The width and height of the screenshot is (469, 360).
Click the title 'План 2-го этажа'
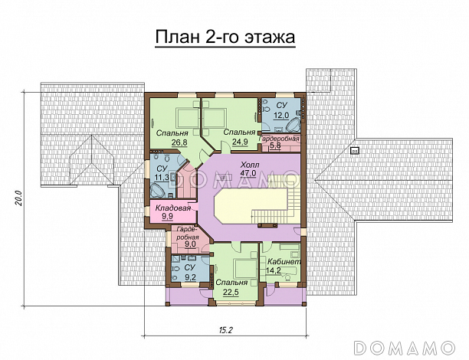coord(225,37)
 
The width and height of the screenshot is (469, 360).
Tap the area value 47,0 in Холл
coord(248,173)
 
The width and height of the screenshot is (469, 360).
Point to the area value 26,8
coord(179,142)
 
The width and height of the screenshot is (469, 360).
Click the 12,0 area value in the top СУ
coord(281,115)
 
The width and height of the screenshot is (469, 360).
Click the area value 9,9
coord(168,218)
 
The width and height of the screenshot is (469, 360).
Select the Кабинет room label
coord(283,261)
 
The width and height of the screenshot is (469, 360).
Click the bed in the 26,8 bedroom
coord(186,117)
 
